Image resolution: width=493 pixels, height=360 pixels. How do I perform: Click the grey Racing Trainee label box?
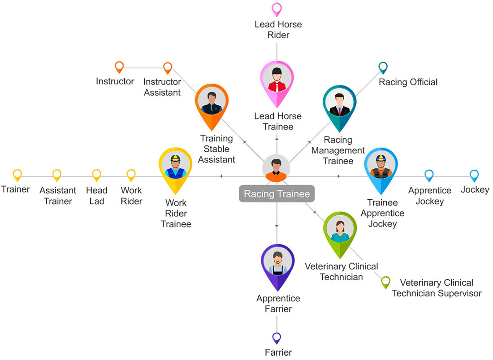pos(277,194)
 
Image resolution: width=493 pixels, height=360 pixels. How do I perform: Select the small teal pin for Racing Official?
pos(383,67)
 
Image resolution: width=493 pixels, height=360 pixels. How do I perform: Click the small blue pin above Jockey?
pos(474,175)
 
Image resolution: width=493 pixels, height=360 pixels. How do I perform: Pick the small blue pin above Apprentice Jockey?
pos(429,175)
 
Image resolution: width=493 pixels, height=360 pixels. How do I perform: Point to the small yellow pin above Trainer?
pos(17,175)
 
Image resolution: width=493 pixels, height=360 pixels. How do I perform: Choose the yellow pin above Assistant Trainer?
pos(56,175)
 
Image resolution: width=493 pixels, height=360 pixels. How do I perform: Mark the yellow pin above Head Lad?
pos(96,175)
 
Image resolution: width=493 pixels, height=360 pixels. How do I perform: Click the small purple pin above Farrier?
pos(277,338)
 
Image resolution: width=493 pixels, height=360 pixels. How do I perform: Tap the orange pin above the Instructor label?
pos(119,67)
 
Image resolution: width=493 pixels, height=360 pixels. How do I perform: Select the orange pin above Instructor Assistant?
pos(168,68)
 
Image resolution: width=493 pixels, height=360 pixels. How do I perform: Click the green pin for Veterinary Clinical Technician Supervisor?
pos(385,282)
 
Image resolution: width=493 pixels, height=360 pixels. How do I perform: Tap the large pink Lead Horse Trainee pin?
pos(277,81)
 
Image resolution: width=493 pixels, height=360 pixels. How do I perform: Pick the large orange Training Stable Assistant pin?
pos(212,104)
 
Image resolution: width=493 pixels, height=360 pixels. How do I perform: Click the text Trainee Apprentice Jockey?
pos(382,213)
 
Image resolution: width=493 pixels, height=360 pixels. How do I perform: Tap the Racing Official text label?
pos(408,82)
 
